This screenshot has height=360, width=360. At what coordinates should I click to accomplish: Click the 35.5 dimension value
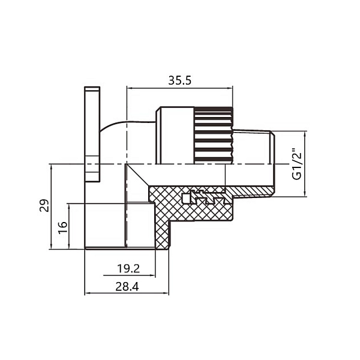click(179, 80)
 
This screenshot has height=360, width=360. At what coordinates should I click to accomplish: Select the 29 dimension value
click(43, 206)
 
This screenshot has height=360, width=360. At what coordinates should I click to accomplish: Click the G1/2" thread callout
click(296, 164)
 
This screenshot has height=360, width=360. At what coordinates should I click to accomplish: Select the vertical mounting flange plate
click(92, 133)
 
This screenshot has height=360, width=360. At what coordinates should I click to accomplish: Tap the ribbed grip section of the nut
click(212, 135)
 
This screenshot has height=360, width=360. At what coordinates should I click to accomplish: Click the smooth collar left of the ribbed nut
click(175, 135)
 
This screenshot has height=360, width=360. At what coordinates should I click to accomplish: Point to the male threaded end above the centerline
click(252, 147)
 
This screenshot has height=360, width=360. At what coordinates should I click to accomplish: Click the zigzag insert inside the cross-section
click(207, 197)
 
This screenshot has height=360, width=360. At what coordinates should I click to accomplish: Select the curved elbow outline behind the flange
click(111, 126)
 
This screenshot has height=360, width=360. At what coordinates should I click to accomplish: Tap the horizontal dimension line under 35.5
click(179, 88)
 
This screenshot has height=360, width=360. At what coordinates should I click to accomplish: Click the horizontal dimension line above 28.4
click(127, 294)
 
